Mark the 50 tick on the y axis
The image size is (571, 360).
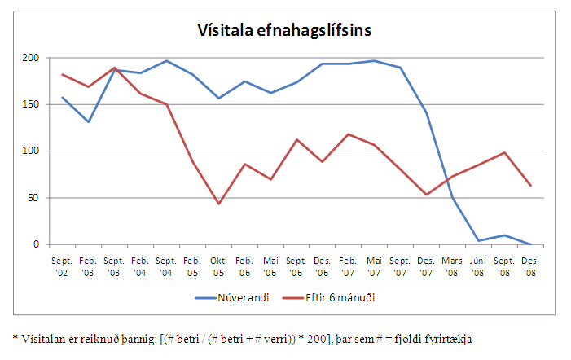click(x=32, y=198)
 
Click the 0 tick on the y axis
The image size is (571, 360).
click(x=35, y=244)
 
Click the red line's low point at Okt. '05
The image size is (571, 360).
click(x=219, y=204)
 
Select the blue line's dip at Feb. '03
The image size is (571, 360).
click(x=88, y=122)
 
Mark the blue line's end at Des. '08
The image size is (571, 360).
click(x=531, y=244)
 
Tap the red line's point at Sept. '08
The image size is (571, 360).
click(x=505, y=152)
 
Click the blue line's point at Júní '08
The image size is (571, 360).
click(x=479, y=240)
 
